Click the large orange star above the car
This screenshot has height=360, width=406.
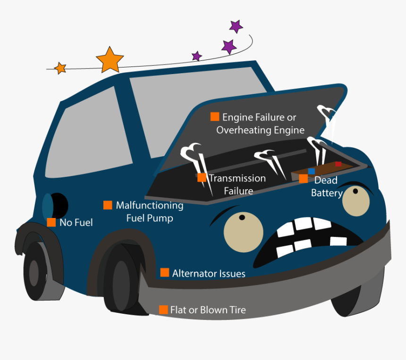click(110, 60)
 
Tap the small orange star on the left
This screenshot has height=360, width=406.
click(60, 68)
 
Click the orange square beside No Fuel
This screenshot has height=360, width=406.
click(51, 222)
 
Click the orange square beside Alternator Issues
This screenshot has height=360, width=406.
click(164, 272)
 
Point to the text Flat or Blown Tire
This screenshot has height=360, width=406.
click(208, 310)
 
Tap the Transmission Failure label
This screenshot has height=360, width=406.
click(237, 184)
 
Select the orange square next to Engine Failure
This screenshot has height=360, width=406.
click(214, 117)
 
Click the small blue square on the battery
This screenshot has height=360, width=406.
click(312, 171)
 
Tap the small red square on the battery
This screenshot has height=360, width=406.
click(338, 164)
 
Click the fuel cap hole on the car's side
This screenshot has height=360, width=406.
click(59, 206)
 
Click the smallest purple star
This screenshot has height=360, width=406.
click(197, 56)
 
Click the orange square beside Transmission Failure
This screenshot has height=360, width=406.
click(202, 177)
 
